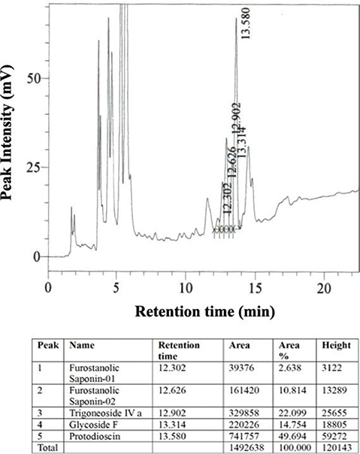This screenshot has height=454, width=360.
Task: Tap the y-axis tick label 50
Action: (x=31, y=79)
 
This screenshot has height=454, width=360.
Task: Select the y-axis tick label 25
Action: (x=31, y=168)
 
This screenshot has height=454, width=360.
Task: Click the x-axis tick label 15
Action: (x=255, y=287)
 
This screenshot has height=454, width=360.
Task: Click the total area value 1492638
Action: (x=245, y=446)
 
